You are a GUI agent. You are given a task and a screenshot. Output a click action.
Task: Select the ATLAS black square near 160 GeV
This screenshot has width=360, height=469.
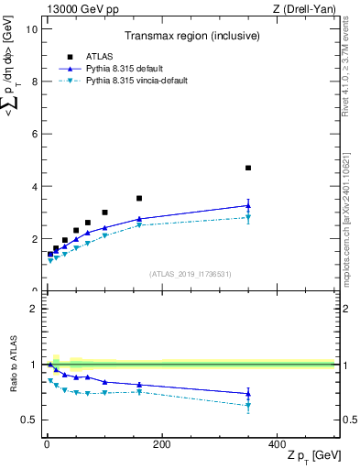[x=139, y=198]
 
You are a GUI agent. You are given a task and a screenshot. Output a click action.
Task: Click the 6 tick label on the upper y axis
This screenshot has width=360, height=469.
[x=35, y=134]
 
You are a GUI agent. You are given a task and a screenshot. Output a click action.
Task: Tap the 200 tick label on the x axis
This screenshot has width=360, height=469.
[x=161, y=443]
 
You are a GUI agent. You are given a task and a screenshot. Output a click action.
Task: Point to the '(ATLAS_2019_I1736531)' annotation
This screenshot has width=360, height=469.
[x=189, y=274]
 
